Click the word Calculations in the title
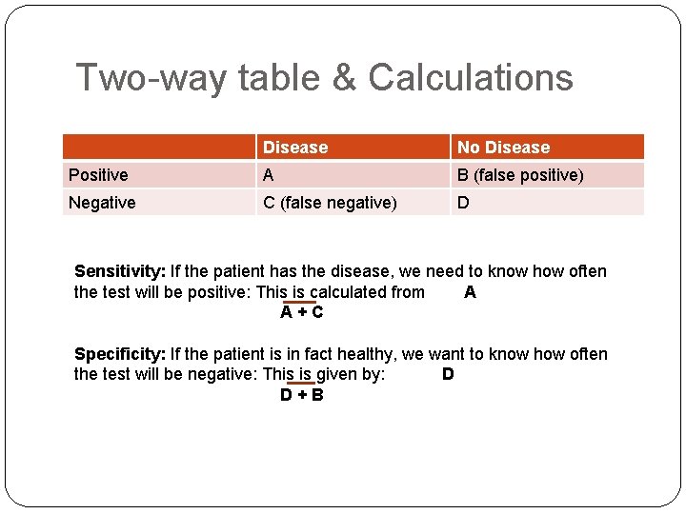coord(471,77)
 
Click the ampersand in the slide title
coord(343,77)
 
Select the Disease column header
coord(295,148)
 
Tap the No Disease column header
coord(503,148)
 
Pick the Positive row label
coord(98,175)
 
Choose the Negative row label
coord(102,203)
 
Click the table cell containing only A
coord(269,175)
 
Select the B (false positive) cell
coord(520,175)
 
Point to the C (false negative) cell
coord(330,203)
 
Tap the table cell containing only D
coord(463,203)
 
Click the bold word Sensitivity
coord(120,271)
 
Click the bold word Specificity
coord(120,354)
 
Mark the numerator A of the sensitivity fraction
coord(470,292)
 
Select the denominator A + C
coord(301,312)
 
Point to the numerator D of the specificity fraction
coord(448,374)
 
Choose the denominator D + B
coord(301,395)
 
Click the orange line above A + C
coord(301,302)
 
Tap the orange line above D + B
coord(301,384)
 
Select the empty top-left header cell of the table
coord(159,148)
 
